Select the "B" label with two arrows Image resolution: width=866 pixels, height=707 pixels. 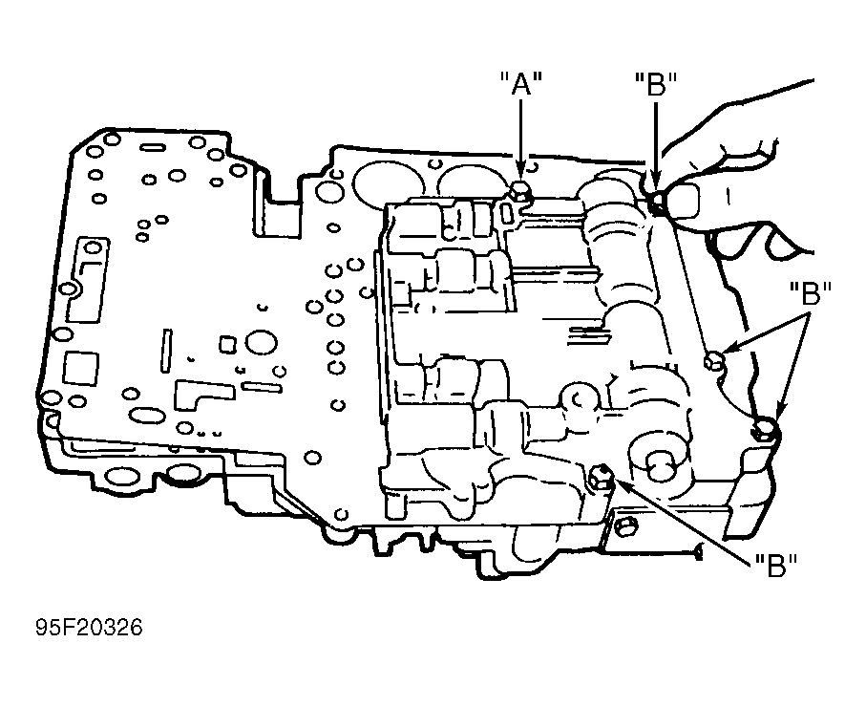tap(811, 293)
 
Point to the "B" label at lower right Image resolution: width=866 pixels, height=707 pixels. tap(776, 565)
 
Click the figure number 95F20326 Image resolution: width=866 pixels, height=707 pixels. tap(90, 628)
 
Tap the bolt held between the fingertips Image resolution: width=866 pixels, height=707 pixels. tap(657, 203)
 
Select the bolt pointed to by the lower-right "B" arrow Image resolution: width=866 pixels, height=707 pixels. tap(601, 478)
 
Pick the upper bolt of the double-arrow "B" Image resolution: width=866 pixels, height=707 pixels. tap(715, 361)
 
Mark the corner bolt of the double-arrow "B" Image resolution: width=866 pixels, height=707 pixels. tap(765, 429)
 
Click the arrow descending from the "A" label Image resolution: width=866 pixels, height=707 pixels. tap(520, 139)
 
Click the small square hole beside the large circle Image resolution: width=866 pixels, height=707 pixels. tap(227, 344)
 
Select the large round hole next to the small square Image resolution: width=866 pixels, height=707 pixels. tap(261, 343)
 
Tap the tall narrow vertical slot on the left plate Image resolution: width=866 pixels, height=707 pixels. tap(166, 351)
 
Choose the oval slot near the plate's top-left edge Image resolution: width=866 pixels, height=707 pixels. tap(150, 148)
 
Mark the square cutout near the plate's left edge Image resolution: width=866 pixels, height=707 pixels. tap(80, 368)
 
